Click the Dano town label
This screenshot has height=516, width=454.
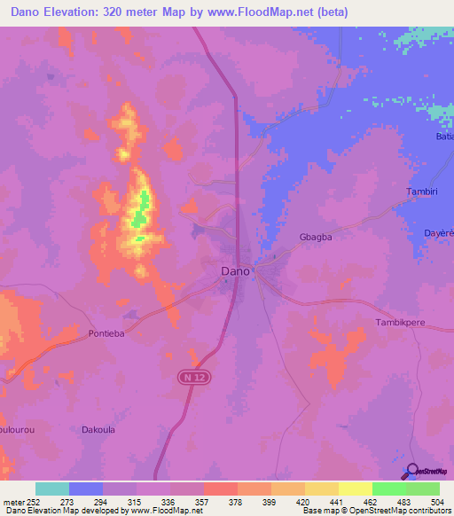tap(235, 273)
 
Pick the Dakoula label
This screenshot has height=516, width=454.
tap(98, 429)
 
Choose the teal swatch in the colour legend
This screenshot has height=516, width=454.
tap(52, 489)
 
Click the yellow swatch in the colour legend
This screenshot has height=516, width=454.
tap(355, 489)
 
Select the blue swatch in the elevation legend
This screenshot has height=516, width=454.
tap(86, 489)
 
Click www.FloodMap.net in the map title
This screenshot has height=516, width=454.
tap(270, 12)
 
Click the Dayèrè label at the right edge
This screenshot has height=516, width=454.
tap(438, 234)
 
